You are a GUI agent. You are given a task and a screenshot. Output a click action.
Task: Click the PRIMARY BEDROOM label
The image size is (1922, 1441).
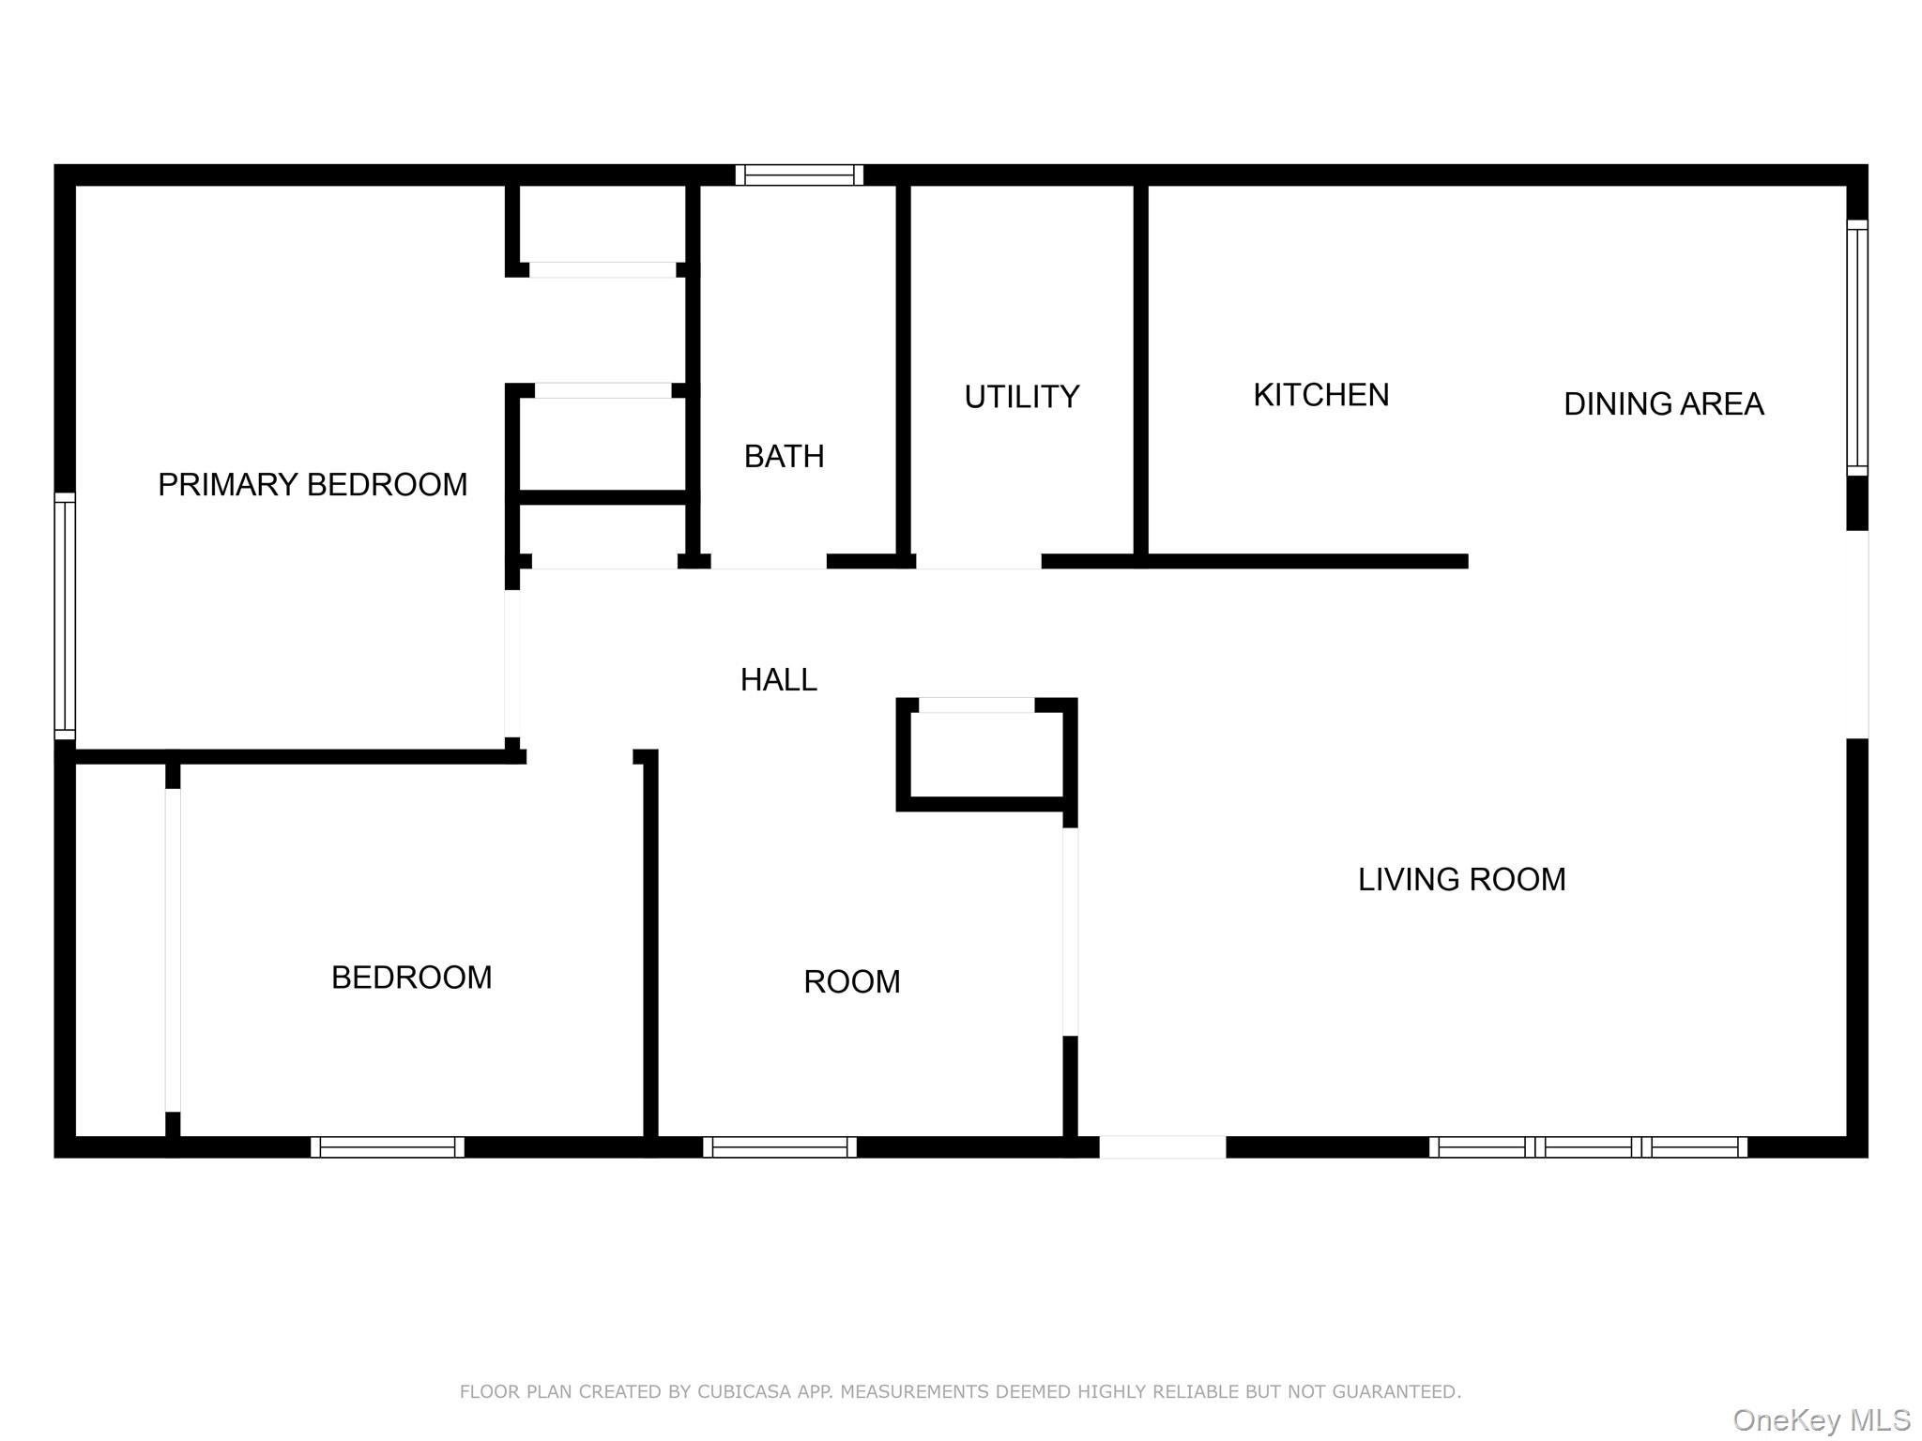(x=313, y=485)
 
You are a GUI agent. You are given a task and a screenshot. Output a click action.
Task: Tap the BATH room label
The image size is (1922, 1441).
(x=784, y=457)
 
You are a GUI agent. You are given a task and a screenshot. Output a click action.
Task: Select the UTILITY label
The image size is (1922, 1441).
(x=1022, y=397)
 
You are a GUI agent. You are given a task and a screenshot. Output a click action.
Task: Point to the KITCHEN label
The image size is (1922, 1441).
(x=1320, y=395)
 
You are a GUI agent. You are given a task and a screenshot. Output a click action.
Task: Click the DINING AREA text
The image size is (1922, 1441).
(x=1663, y=404)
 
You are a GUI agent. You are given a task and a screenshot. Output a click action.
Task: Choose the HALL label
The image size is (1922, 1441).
(x=778, y=679)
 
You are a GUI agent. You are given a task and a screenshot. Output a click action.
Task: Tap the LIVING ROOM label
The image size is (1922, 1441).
(x=1461, y=880)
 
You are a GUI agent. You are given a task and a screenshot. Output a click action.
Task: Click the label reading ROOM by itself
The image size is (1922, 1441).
(x=851, y=982)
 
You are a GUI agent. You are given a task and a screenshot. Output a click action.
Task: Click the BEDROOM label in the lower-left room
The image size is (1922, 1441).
(x=411, y=978)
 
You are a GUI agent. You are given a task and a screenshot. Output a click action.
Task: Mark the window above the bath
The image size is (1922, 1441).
(x=799, y=174)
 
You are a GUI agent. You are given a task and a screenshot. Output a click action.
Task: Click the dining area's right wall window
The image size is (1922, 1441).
(x=1856, y=348)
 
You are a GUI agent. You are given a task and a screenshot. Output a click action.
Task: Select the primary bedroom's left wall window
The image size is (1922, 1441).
(x=64, y=616)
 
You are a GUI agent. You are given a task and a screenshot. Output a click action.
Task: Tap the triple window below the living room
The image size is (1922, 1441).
(x=1588, y=1146)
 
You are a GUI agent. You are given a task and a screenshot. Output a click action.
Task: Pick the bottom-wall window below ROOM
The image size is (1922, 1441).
(x=779, y=1146)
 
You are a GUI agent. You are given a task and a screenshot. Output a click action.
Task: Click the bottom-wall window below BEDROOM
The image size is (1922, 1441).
(x=388, y=1146)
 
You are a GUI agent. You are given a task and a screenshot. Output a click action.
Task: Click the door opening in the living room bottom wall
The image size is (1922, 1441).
(x=1162, y=1146)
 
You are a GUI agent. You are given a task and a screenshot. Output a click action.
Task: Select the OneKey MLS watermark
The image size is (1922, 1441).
(x=1821, y=1420)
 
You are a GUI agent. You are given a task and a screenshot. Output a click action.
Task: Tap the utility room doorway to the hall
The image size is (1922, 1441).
(x=978, y=561)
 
